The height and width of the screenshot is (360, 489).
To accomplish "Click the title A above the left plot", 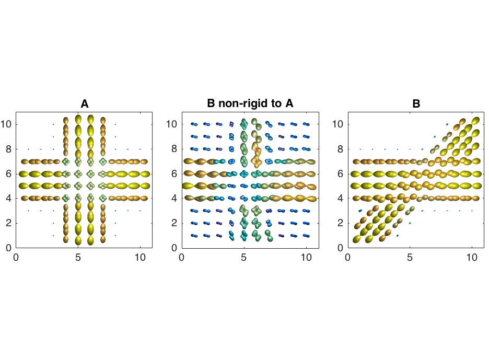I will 84,104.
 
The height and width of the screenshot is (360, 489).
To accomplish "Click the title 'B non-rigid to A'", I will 250,104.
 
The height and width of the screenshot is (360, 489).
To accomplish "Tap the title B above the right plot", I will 416,104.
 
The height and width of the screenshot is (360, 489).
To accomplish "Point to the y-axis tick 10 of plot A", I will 7,124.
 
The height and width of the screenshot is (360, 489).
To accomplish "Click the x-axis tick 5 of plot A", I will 78,258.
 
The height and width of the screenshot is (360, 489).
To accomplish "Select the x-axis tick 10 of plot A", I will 141,258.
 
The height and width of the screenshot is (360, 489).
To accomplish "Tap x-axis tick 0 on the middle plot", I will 182,258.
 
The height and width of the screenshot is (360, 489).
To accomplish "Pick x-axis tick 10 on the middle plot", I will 306,258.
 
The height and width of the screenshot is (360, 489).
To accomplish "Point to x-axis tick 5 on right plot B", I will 410,258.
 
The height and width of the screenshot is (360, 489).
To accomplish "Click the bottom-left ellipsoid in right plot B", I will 357,239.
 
